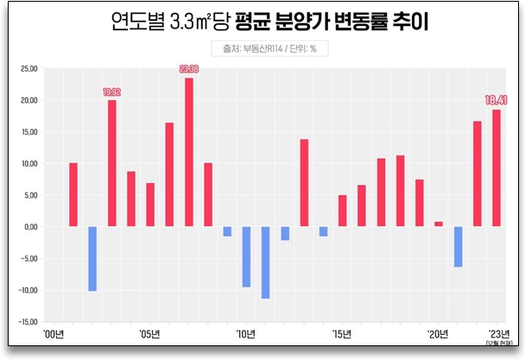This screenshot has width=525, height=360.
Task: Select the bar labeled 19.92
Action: click(112, 163)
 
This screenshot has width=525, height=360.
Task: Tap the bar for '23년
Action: click(497, 167)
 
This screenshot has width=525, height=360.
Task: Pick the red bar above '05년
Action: click(150, 205)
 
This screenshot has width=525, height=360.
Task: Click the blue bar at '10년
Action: click(246, 256)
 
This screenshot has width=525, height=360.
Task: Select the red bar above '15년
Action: click(342, 211)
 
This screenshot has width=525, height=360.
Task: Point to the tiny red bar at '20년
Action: click(439, 224)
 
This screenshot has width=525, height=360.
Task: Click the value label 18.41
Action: click(497, 100)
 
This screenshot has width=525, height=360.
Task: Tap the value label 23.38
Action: click(189, 69)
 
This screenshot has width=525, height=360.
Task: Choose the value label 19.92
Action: click(112, 92)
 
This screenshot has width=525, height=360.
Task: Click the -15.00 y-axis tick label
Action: click(28, 321)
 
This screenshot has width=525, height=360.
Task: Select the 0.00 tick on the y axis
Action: click(31, 226)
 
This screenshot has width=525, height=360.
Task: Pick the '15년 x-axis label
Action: click(342, 333)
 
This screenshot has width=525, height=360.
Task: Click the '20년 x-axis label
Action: click(439, 333)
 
